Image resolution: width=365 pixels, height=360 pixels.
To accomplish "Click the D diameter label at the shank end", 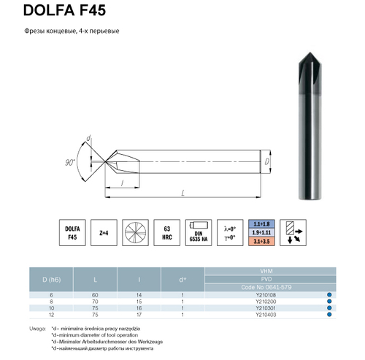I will point(267,158).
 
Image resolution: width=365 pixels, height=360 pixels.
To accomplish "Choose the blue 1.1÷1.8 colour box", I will point(261,223).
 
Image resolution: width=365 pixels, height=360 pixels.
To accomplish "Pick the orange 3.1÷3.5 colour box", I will point(261,240).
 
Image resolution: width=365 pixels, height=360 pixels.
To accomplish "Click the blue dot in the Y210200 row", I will point(328,301).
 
